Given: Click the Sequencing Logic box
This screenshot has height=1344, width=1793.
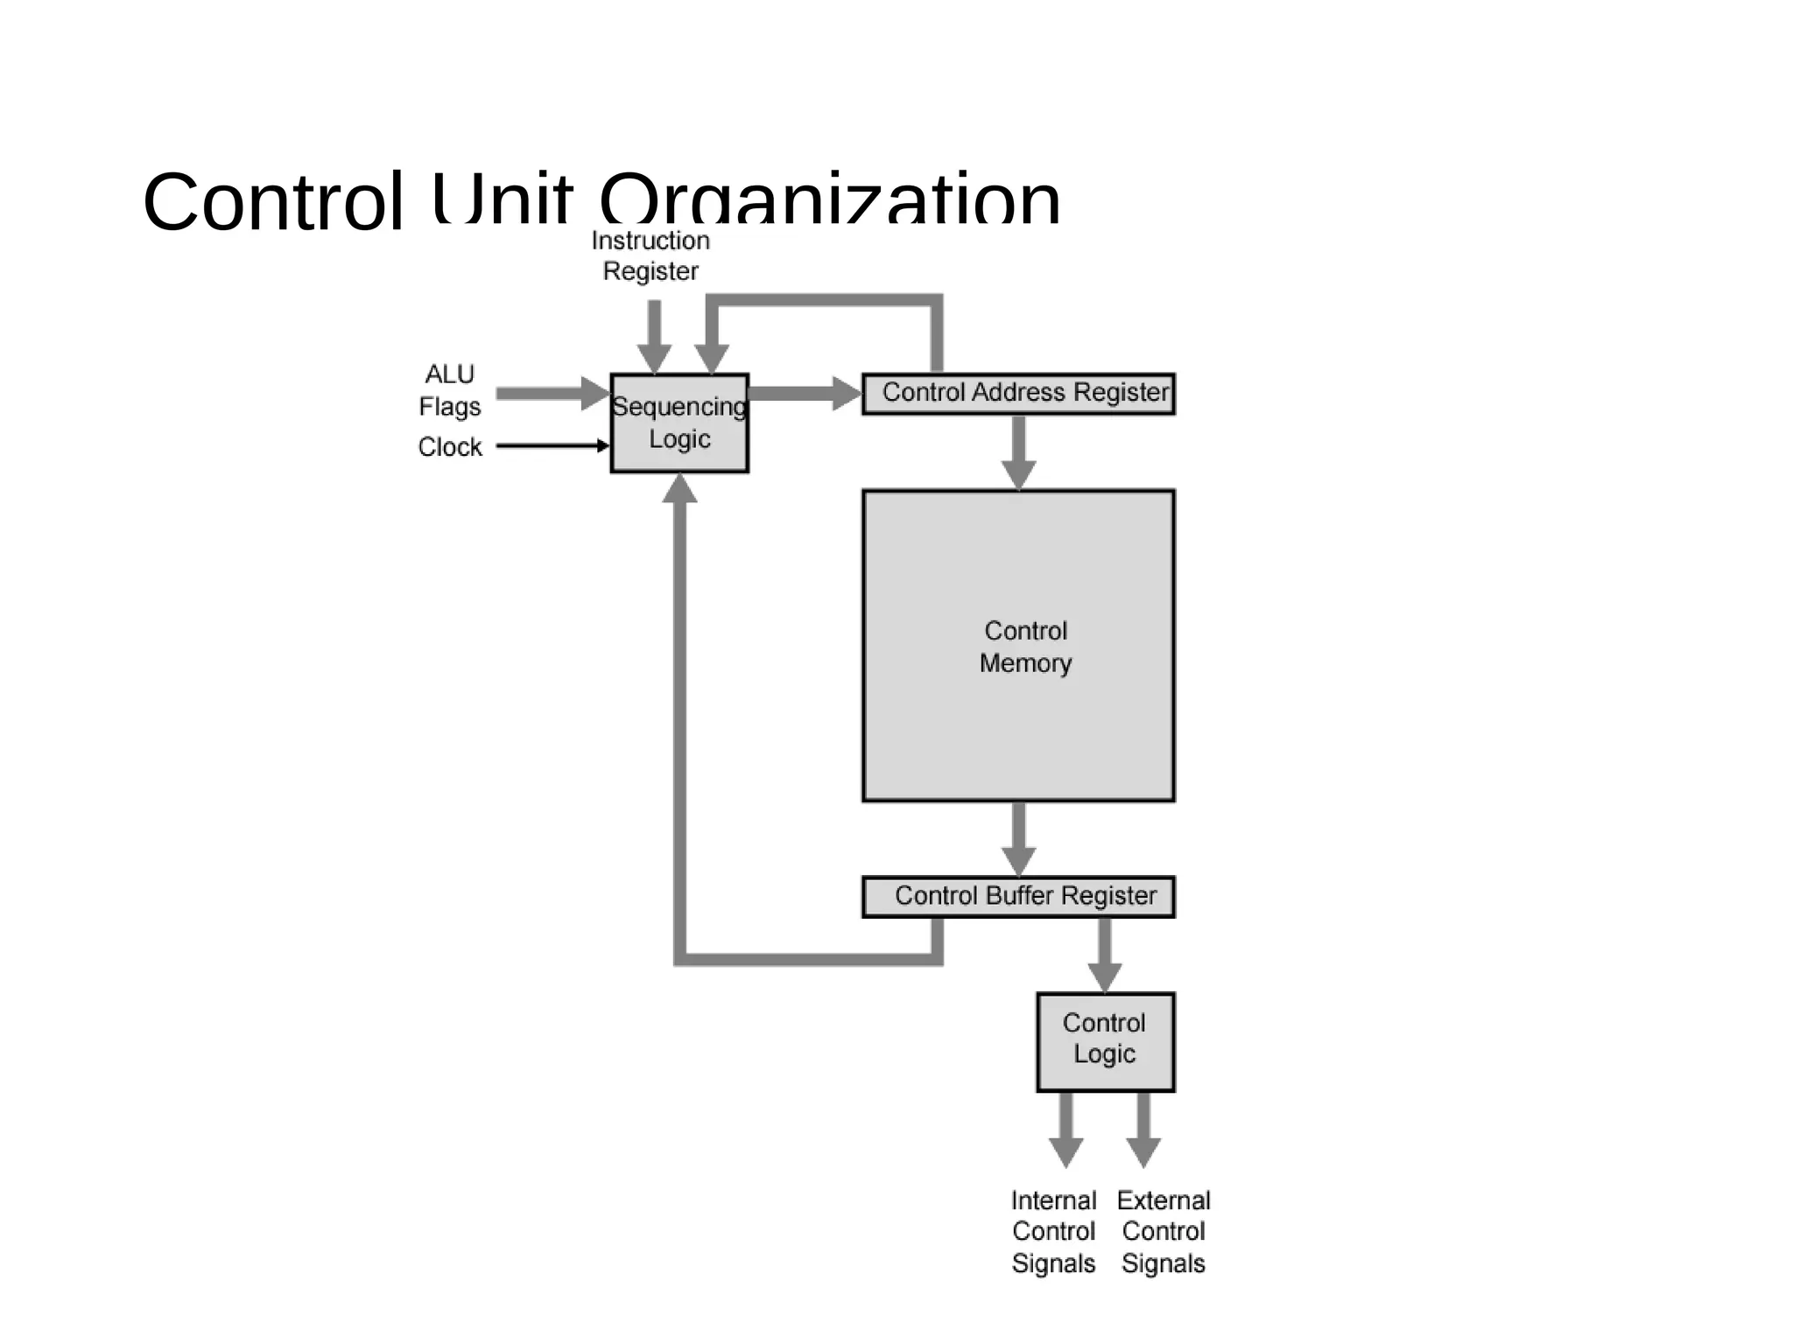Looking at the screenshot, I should tap(679, 423).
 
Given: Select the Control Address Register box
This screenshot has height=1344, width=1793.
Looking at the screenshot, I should tap(1018, 393).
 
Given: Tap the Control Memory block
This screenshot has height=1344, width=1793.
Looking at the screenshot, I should tap(1018, 646).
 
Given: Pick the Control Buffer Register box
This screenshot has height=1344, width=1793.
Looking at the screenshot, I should tap(1018, 897).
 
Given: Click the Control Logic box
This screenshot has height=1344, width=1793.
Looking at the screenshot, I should tap(1105, 1041).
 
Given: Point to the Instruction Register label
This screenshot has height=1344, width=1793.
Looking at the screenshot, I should tap(650, 255).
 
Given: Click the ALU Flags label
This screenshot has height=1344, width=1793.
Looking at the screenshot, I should tap(450, 390).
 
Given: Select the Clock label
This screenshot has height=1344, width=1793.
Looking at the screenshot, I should tap(450, 446).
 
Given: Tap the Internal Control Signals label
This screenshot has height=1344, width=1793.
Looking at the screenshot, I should tap(1053, 1231).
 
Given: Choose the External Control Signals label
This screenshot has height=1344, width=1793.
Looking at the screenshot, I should tap(1164, 1231).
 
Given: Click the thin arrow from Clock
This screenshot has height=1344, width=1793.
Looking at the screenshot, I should tap(552, 445).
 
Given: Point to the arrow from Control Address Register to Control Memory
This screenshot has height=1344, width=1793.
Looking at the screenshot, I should tap(1018, 451).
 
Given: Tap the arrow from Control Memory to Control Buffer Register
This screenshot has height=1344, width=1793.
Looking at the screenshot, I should tap(1018, 838).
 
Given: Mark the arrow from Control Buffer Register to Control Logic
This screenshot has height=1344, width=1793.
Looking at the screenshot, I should tap(1105, 954).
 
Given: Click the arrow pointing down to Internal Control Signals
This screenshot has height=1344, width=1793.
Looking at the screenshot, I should tap(1065, 1129).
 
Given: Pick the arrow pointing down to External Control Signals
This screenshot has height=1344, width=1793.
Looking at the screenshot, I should tap(1143, 1129).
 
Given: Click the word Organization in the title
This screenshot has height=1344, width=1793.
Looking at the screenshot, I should tap(829, 201).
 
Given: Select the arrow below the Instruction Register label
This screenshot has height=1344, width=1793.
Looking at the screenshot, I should tap(654, 337).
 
